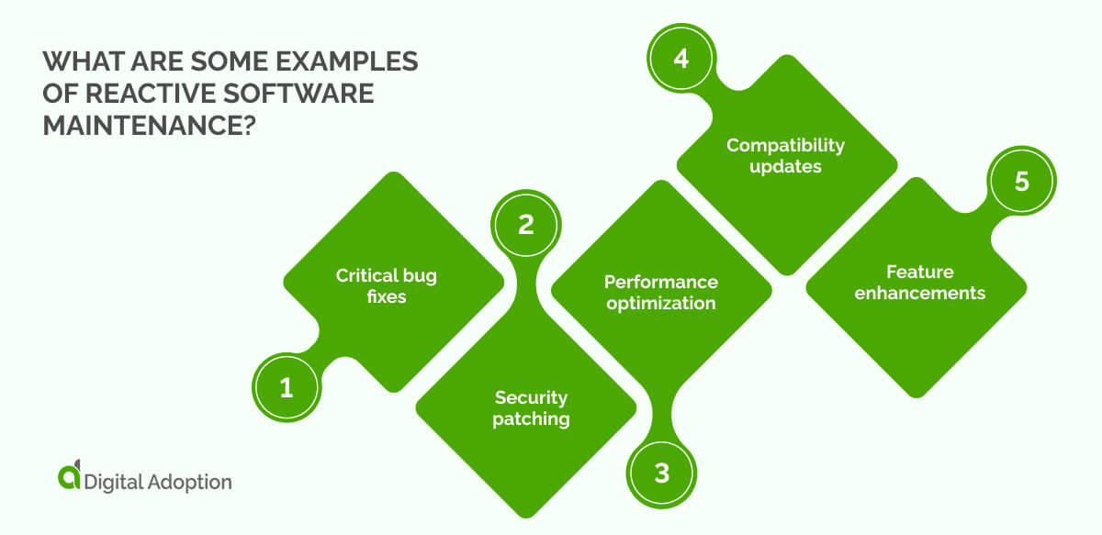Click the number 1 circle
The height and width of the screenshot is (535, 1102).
pos(286,388)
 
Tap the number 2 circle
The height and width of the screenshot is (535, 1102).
pos(525,225)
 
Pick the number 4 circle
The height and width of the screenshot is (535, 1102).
pos(680,58)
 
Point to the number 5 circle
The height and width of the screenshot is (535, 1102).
pos(1021,182)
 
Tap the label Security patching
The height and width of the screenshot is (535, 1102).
pos(531,408)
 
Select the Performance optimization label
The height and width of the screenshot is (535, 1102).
pos(660,292)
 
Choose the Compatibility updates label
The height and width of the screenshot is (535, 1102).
pos(785,157)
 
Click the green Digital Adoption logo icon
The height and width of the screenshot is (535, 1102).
pos(69,477)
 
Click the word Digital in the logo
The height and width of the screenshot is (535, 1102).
pos(112,481)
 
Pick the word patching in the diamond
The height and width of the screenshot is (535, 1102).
pos(531,419)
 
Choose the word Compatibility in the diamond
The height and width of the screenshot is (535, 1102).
pos(785,146)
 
